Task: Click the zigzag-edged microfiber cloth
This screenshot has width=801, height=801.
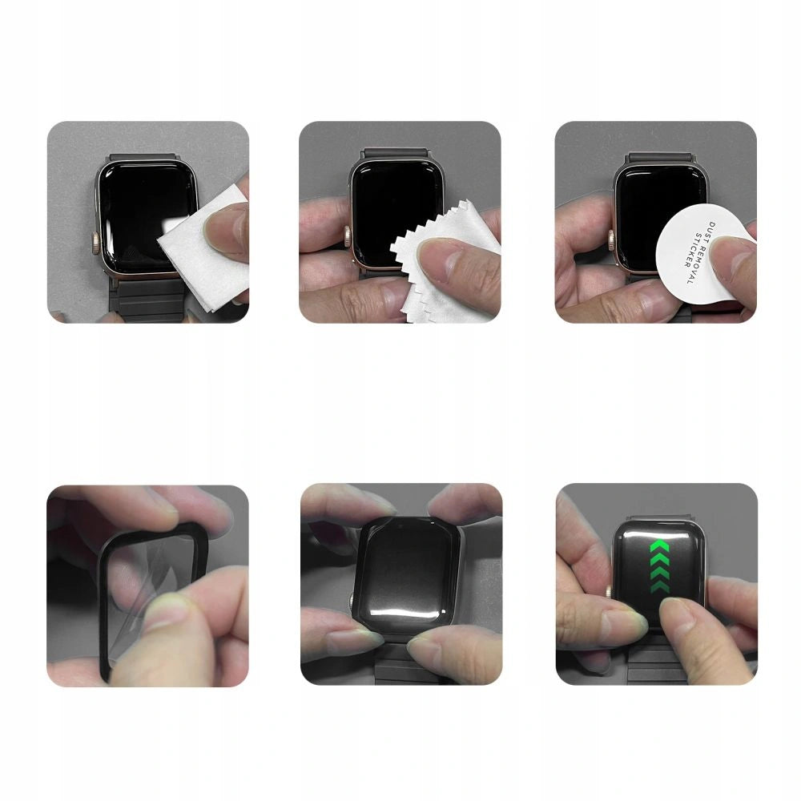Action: [437, 280]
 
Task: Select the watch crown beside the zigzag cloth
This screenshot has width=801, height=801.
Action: [348, 237]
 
